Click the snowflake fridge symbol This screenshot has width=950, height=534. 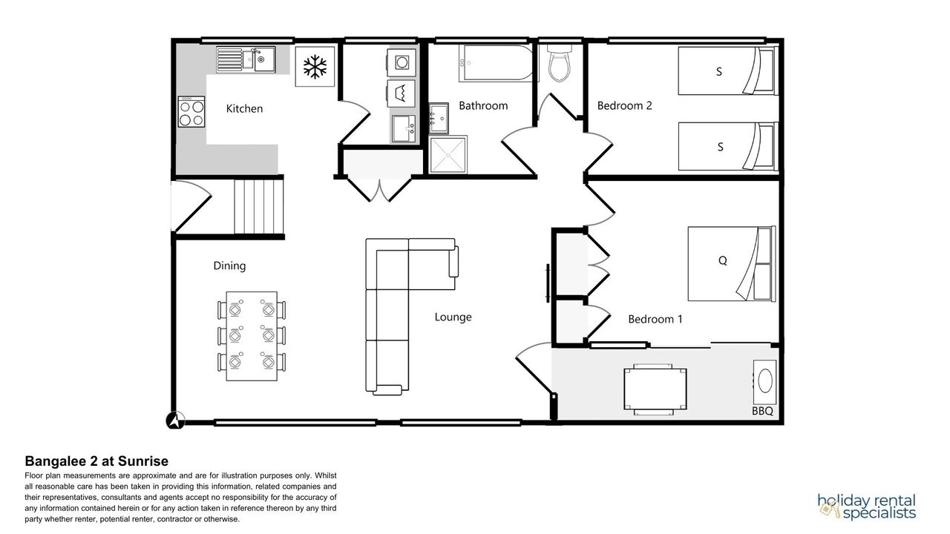pos(315,67)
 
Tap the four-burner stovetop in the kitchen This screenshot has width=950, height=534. pos(191,112)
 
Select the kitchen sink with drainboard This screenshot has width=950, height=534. pos(246,60)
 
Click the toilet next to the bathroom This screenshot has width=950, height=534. pos(560,64)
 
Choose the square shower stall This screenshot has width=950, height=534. pos(448,155)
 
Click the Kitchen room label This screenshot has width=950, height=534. pos(244,109)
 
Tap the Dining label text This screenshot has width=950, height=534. pos(229,266)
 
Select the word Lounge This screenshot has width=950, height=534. pos(453,317)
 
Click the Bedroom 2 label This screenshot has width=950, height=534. pos(624,105)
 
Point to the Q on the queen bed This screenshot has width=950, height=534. pos(723,260)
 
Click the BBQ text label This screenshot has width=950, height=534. pos(762,411)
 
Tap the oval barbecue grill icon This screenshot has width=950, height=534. pos(764,382)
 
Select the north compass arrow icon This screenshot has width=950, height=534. pos(175,421)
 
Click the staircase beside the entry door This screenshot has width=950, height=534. pos(259,206)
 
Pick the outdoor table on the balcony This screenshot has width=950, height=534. pos(655,389)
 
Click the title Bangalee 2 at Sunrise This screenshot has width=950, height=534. pos(96,461)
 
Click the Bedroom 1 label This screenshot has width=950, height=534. pos(655,319)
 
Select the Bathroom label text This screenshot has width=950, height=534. pos(483,105)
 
